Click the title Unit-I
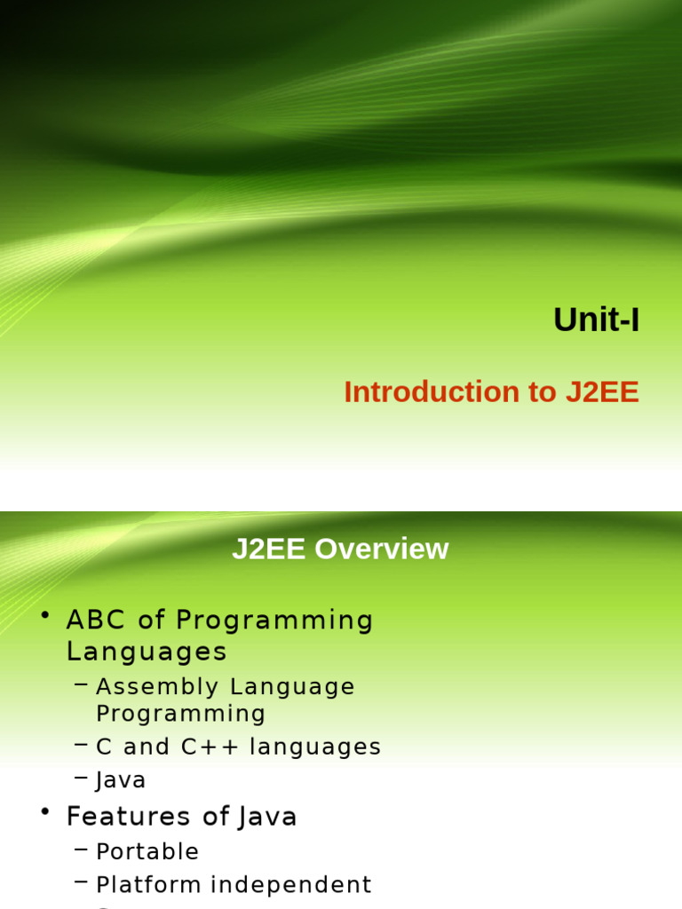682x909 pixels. [596, 320]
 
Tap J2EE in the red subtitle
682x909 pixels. [602, 392]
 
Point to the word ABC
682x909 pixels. [98, 620]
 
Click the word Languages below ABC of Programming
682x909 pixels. [147, 652]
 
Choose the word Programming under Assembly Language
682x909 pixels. [181, 714]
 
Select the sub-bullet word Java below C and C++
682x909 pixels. [121, 781]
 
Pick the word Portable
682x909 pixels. [147, 852]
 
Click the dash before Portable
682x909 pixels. [82, 850]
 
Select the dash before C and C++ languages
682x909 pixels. [82, 746]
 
